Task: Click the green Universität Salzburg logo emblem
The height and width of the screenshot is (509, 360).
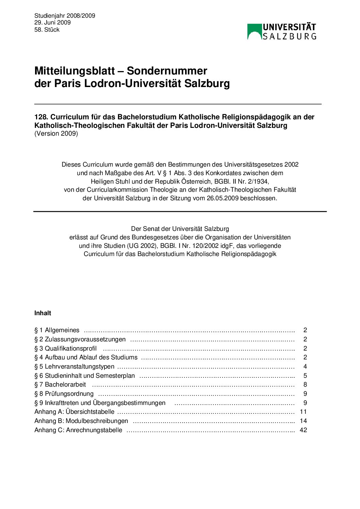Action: click(x=254, y=32)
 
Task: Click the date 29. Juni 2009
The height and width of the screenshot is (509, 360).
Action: click(x=52, y=23)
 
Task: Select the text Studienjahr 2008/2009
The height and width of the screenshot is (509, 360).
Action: click(x=65, y=16)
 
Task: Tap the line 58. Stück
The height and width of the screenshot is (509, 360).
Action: click(x=47, y=30)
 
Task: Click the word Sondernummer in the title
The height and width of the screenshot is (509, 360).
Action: click(x=167, y=71)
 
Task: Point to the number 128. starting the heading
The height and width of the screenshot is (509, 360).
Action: click(x=41, y=117)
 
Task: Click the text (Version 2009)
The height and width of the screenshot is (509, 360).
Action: click(x=56, y=134)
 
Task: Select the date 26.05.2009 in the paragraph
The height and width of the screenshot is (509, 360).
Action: click(x=223, y=198)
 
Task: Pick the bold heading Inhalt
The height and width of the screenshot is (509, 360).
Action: click(x=43, y=313)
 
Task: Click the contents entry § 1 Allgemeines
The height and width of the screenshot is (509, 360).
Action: click(x=57, y=330)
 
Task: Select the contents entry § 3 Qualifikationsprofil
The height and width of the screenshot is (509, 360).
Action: click(x=65, y=349)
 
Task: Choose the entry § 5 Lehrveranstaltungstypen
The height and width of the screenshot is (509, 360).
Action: click(x=74, y=367)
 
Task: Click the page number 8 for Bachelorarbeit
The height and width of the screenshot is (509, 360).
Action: click(x=305, y=385)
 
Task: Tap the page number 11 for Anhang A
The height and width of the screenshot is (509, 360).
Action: click(x=304, y=412)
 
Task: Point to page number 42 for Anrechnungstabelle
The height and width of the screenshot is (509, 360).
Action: click(x=304, y=430)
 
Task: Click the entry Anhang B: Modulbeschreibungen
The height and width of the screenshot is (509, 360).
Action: click(x=81, y=421)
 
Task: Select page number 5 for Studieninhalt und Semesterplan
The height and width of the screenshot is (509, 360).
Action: click(x=305, y=376)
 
